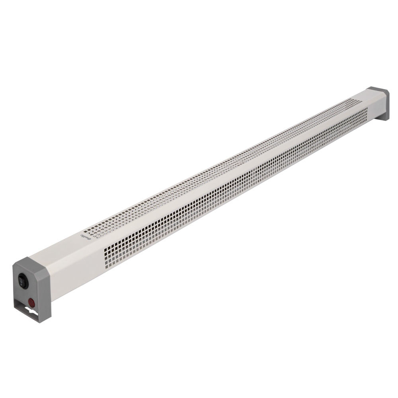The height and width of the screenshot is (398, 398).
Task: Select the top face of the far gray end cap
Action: (x=378, y=92)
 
